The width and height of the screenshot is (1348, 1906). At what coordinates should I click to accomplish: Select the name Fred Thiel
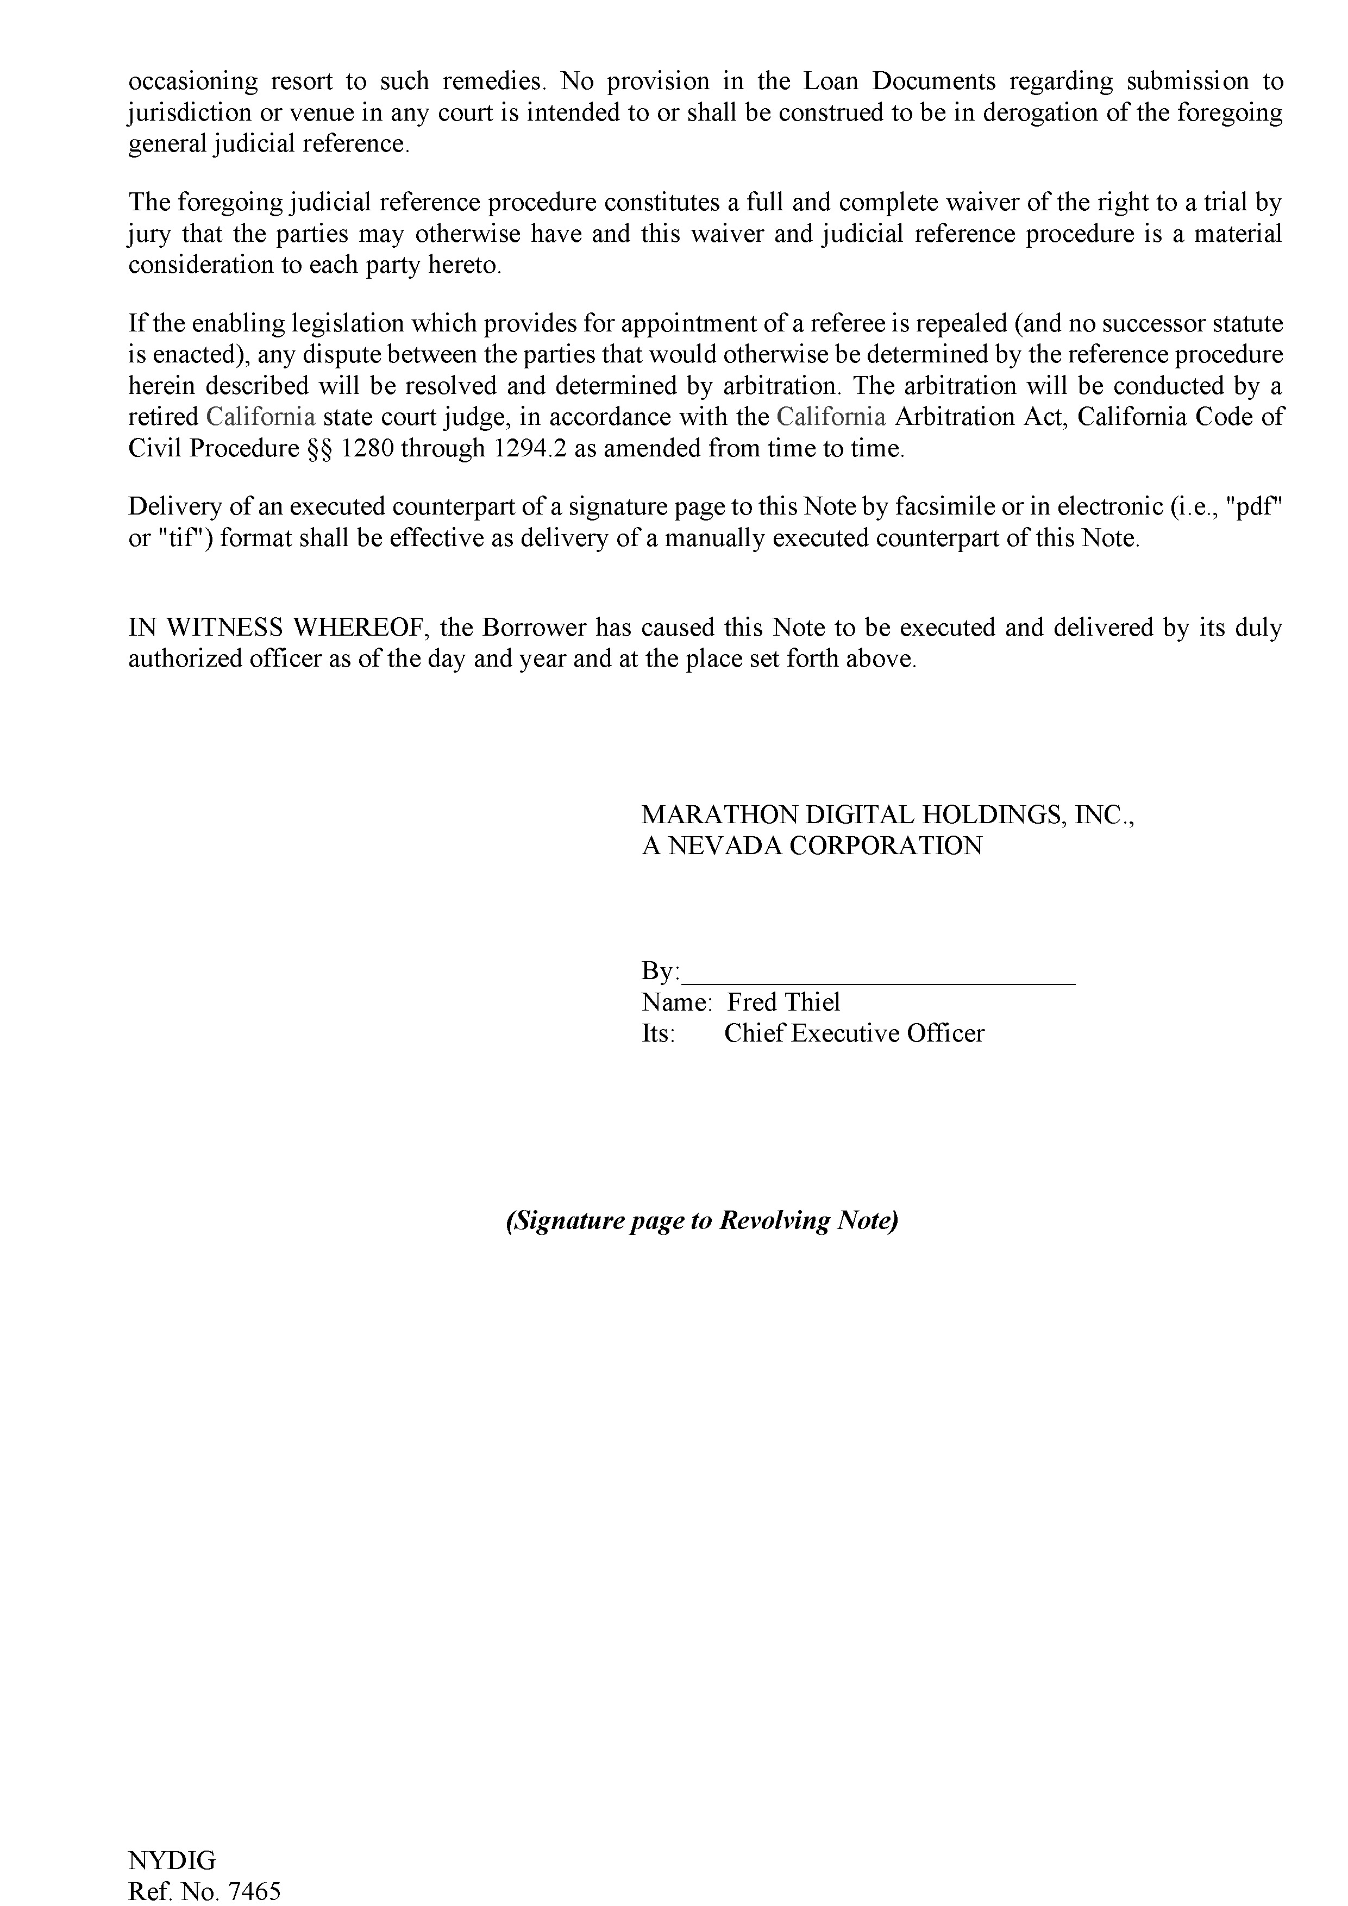click(783, 1003)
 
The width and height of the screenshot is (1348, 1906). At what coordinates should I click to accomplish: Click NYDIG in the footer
click(172, 1859)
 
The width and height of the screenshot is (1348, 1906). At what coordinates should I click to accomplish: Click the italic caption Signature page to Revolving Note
click(702, 1221)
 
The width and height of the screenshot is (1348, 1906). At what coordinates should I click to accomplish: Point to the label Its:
click(657, 1034)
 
